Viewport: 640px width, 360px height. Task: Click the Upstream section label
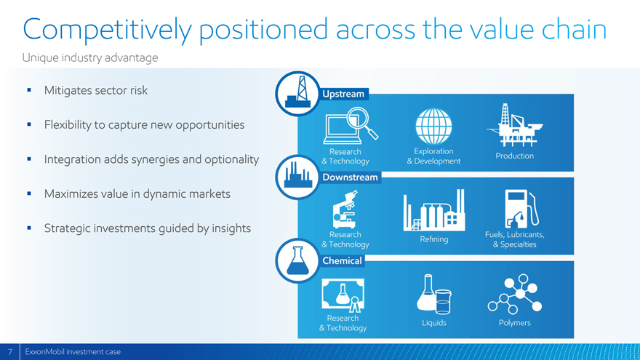coord(343,94)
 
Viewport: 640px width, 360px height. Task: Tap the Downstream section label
coord(350,177)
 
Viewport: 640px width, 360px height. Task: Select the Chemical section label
coord(342,261)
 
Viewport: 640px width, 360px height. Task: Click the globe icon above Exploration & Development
coord(433,126)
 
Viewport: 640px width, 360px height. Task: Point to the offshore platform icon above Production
coord(515,125)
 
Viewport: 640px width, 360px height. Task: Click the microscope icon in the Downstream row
coord(345,209)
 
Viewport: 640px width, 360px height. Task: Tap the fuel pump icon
coord(521,209)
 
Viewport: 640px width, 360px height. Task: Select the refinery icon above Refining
coord(434,210)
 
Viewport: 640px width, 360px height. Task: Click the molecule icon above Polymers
coord(515,294)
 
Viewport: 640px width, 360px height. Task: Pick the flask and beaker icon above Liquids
coord(434,294)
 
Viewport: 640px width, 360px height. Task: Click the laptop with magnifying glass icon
coord(351,126)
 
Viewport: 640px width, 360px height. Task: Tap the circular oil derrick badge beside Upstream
coord(297,94)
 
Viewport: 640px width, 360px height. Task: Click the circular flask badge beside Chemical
coord(297,261)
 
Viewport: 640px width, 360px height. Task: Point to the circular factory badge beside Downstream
coord(297,177)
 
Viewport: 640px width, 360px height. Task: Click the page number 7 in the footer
coord(10,352)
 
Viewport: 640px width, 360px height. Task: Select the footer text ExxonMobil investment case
coord(73,352)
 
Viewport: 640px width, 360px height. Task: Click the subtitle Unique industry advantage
coord(90,58)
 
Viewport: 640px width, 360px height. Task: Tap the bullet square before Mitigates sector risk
coord(29,89)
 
